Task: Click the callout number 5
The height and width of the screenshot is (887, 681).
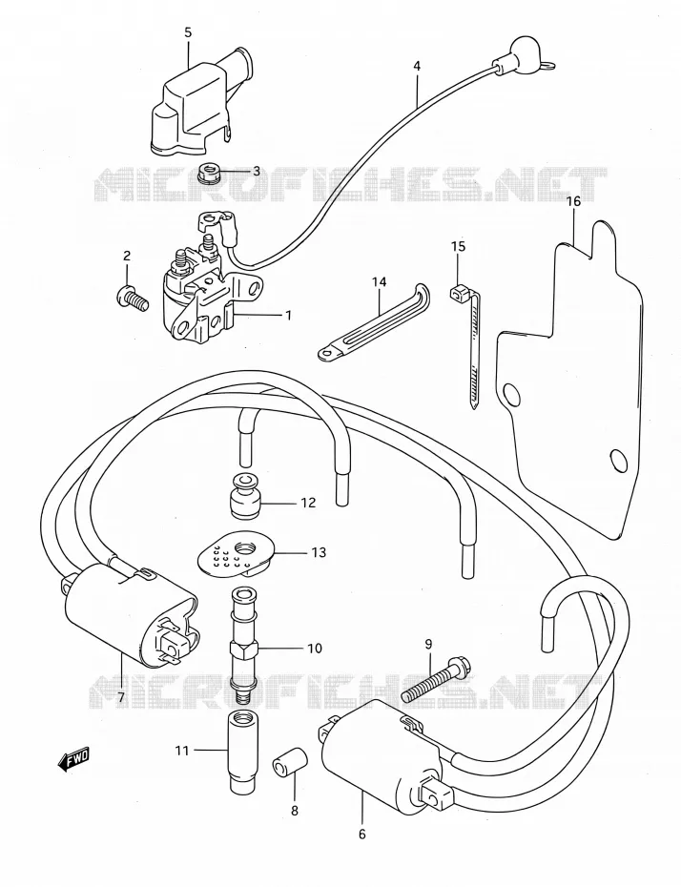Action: (x=188, y=32)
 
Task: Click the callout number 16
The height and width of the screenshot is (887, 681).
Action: (x=573, y=201)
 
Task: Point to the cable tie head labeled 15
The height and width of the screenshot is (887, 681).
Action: (x=459, y=293)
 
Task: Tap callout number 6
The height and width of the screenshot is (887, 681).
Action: (x=362, y=834)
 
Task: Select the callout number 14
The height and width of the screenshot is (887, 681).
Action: (x=379, y=280)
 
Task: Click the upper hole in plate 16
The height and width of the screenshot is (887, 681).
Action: (x=511, y=394)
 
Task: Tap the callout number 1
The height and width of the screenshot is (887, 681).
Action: (x=289, y=316)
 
